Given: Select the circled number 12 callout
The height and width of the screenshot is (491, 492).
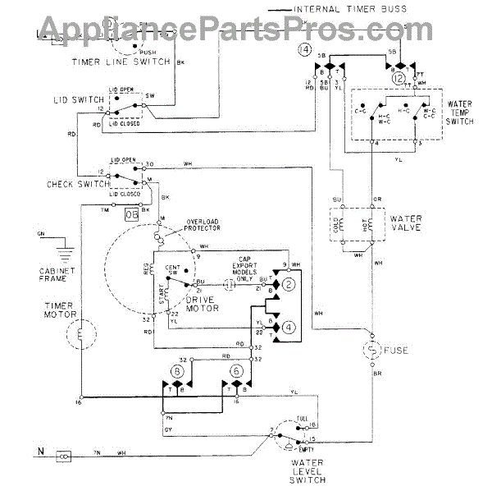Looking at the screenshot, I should click(x=399, y=80).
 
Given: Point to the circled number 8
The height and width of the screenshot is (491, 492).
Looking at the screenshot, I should click(x=177, y=371).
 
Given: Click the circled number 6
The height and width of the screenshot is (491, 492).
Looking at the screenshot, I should click(x=238, y=371).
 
